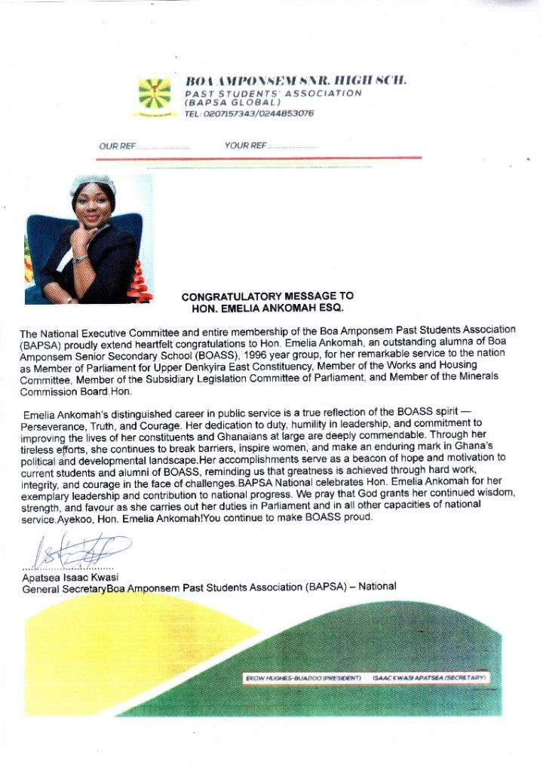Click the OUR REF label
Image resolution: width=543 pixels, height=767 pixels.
point(118,146)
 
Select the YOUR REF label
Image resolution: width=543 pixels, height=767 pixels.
point(245,146)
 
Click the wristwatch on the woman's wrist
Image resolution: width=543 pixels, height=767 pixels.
point(80,259)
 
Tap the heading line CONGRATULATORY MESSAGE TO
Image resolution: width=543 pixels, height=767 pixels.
point(267,296)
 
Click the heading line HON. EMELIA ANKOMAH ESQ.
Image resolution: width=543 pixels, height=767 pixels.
point(268,308)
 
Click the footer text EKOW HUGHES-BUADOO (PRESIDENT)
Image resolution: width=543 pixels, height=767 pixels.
point(305,678)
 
